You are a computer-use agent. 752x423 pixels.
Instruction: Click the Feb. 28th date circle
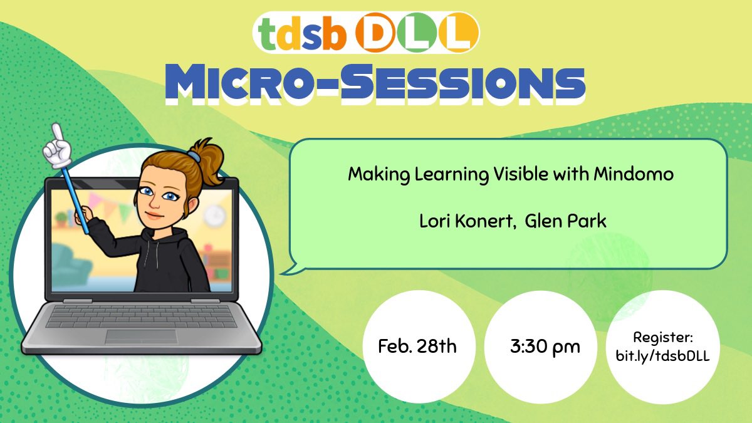click(418, 346)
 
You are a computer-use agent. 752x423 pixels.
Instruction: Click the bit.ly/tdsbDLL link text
click(663, 355)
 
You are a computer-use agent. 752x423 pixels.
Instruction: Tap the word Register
click(663, 337)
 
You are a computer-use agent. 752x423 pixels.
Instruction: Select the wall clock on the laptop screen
click(214, 215)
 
